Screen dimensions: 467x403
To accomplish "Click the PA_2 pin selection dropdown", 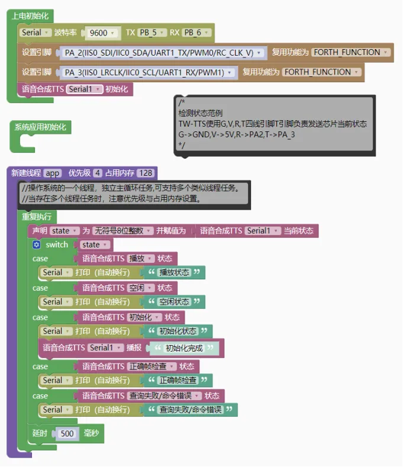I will click(x=163, y=53).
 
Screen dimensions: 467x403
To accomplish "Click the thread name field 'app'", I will click(x=53, y=173).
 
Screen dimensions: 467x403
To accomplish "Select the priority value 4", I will click(x=97, y=173).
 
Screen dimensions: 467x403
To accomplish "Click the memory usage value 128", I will click(x=145, y=173).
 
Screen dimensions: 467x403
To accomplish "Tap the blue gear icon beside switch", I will click(x=37, y=244).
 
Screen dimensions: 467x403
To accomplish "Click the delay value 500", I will click(x=67, y=434).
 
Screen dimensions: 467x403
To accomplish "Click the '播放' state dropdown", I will click(x=141, y=258).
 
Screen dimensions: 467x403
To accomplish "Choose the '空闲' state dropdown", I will click(x=141, y=288).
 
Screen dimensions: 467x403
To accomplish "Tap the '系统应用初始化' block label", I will click(x=40, y=127).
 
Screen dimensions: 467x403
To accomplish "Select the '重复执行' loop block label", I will click(x=37, y=217).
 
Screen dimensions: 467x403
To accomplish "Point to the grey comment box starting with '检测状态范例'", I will click(x=274, y=125).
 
